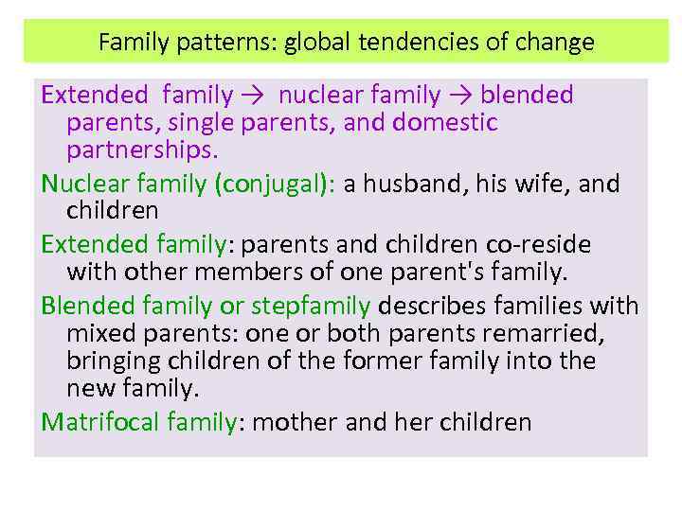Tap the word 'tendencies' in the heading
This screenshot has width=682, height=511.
tap(416, 43)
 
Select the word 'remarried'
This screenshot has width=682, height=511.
tap(552, 334)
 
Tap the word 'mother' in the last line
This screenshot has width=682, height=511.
tap(296, 422)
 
